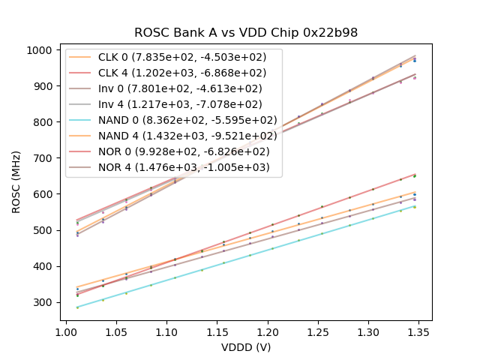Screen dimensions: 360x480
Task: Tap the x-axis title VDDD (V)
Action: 246,347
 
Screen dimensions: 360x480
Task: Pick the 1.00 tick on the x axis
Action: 66,330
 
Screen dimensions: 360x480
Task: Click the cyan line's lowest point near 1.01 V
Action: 77,307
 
